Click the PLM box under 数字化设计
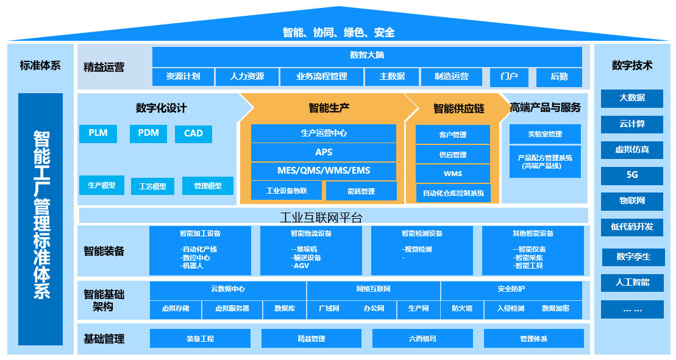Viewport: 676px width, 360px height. pos(98,133)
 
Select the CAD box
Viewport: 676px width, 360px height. pos(193,134)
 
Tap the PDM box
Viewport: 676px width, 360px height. pos(148,133)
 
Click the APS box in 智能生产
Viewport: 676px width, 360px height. pos(324,152)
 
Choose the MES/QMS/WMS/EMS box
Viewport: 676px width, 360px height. pos(324,171)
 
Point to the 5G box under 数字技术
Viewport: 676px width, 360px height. pos(632,175)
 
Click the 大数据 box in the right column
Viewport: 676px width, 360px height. pos(632,98)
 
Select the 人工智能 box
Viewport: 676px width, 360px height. pos(632,283)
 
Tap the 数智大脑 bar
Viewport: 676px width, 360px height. pos(367,55)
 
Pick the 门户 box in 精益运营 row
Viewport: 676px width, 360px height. pos(509,77)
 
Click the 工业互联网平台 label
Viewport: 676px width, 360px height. pos(321,217)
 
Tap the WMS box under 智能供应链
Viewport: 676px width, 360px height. pos(453,174)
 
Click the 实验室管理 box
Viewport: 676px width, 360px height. pos(545,134)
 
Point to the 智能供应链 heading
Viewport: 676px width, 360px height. pos(458,108)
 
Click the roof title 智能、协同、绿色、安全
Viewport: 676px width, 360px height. pos(338,32)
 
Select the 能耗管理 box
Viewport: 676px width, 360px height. pos(361,191)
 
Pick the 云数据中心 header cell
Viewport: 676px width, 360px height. pos(228,289)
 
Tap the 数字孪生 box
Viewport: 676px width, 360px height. pos(633,257)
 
